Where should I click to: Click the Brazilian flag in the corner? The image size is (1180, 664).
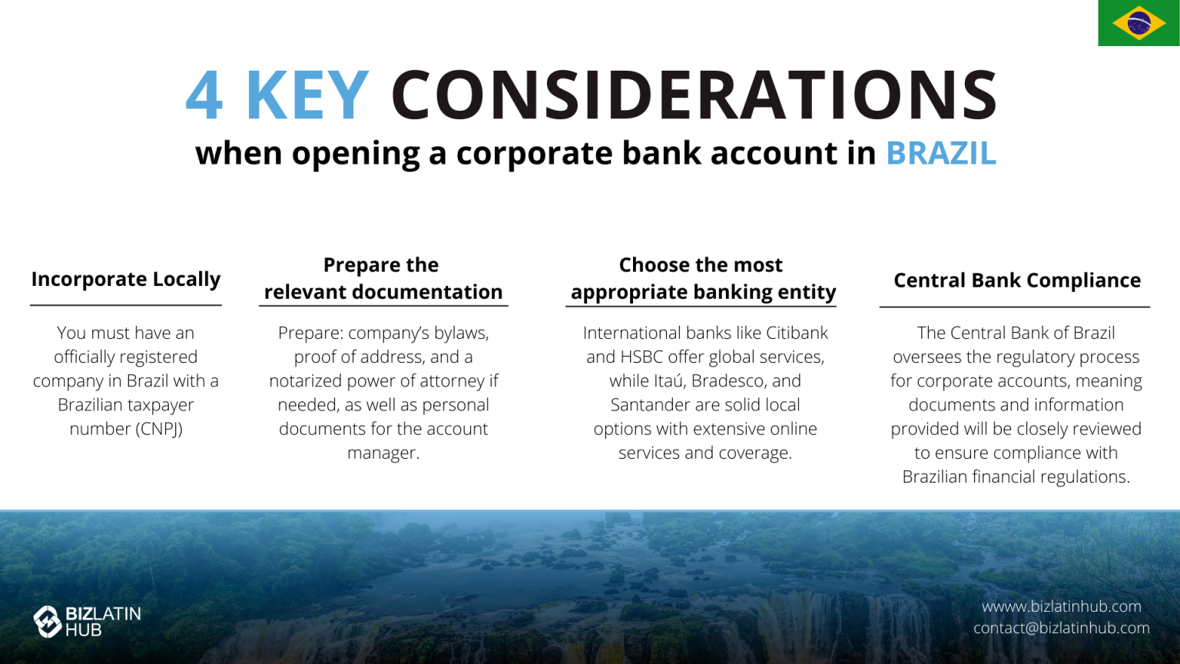[x=1139, y=23]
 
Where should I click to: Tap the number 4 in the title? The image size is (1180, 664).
[x=204, y=96]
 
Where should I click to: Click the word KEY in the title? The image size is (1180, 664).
[x=307, y=96]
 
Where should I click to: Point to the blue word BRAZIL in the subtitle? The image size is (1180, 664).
[x=940, y=154]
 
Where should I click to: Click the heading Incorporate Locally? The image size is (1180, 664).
[x=126, y=279]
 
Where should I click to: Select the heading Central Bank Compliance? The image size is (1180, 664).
[x=1016, y=281]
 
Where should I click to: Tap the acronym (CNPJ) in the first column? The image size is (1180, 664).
[x=159, y=429]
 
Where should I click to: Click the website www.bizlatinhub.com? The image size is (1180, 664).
[x=1061, y=606]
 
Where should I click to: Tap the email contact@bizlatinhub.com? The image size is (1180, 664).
[x=1061, y=628]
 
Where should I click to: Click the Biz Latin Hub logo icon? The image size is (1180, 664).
[x=48, y=622]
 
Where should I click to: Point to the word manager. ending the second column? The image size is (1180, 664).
[x=383, y=453]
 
